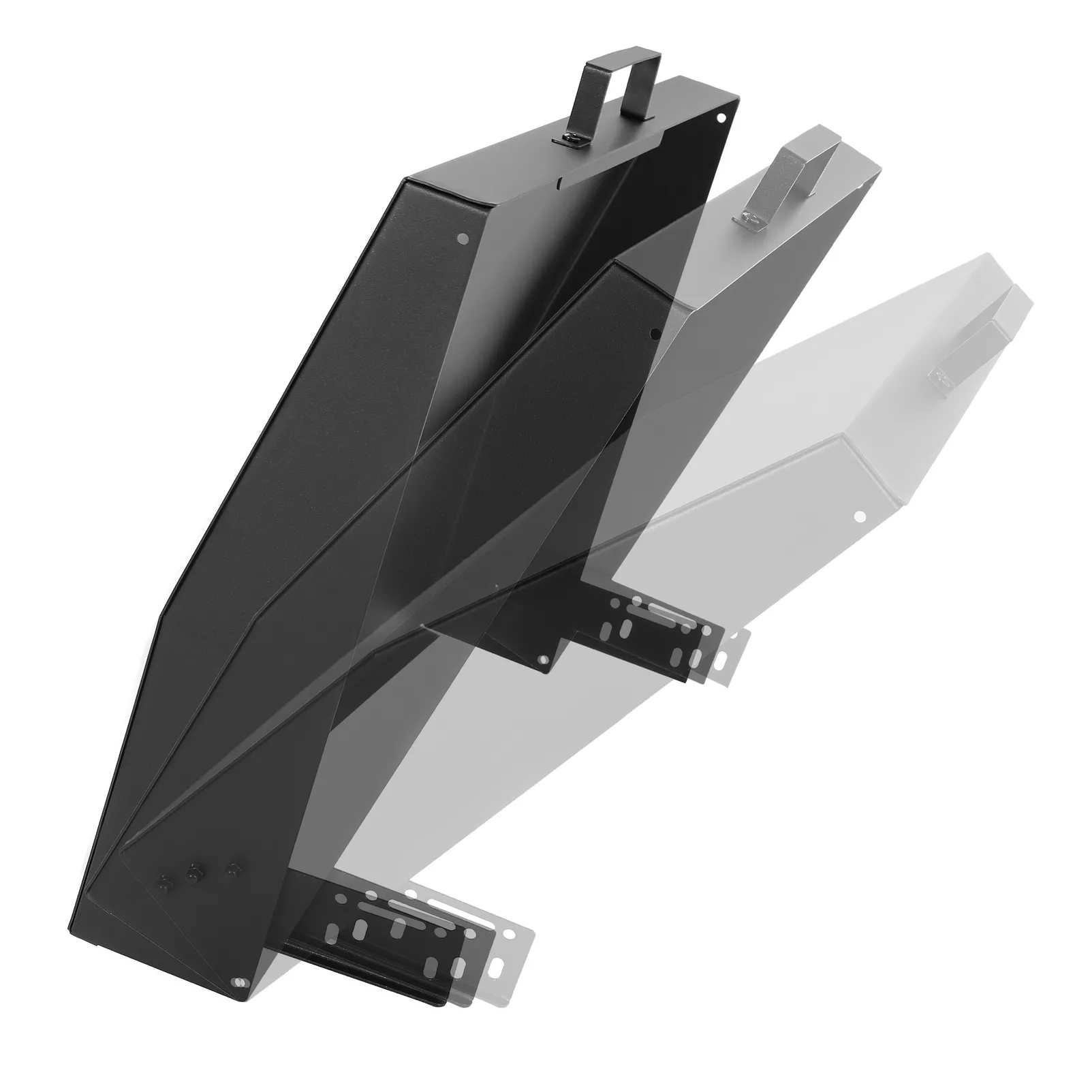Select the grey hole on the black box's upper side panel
(x=464, y=238)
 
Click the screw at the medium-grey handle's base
(x=745, y=219)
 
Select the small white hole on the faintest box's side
(x=860, y=516)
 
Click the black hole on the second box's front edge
(x=655, y=334)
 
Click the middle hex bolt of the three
(x=193, y=872)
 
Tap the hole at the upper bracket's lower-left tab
(x=543, y=660)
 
